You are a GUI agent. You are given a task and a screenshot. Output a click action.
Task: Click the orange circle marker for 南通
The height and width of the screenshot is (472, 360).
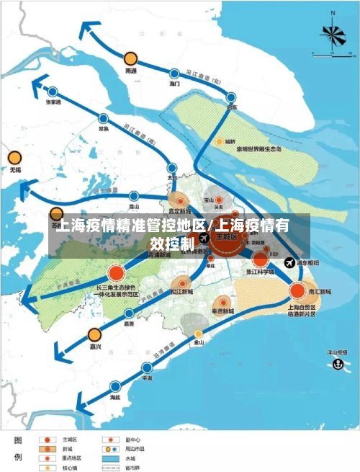click(x=130, y=58)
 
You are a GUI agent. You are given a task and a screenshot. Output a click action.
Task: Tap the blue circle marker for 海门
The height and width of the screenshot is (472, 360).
click(x=174, y=73)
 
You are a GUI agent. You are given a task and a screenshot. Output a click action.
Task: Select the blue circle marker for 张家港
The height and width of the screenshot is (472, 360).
click(x=53, y=92)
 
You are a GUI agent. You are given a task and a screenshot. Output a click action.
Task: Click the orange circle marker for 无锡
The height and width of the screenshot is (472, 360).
click(x=14, y=158)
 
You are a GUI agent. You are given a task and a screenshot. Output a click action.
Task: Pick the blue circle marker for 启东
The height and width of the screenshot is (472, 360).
click(x=231, y=97)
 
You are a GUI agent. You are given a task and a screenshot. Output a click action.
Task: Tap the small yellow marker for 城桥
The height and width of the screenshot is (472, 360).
click(x=219, y=142)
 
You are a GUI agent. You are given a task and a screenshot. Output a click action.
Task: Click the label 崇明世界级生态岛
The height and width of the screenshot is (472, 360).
click(x=260, y=150)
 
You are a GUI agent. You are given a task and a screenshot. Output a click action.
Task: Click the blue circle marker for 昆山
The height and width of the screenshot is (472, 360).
click(x=133, y=195)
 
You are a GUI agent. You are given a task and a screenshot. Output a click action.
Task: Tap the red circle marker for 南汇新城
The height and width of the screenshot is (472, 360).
click(x=297, y=291)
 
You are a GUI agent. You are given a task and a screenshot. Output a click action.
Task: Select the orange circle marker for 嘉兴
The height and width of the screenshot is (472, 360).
click(x=94, y=334)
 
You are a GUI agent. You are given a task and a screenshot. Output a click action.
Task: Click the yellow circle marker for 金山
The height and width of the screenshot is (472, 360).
click(x=199, y=333)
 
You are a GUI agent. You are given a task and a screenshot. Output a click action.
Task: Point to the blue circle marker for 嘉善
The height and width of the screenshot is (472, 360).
click(x=129, y=313)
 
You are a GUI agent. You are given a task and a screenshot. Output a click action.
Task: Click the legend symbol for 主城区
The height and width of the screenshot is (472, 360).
click(x=48, y=438)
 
